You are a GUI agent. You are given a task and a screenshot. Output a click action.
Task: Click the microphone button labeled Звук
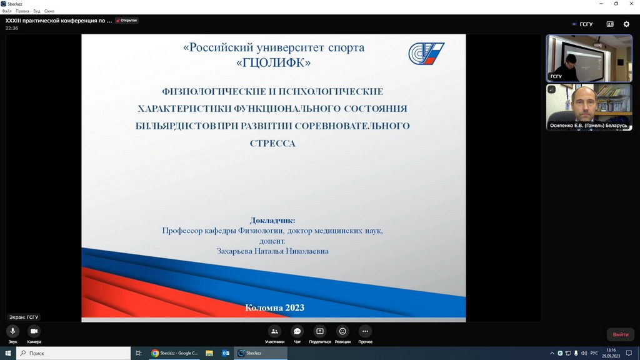[12, 331]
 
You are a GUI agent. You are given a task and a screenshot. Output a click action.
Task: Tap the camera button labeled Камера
[34, 331]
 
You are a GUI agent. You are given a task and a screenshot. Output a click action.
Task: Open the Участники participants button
[274, 331]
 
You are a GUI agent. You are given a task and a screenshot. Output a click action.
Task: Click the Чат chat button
[297, 331]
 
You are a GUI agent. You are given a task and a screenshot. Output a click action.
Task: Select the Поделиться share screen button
[320, 331]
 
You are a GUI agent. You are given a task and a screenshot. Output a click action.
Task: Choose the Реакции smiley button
[342, 331]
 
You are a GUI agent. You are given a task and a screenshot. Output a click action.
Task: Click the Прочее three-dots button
[365, 331]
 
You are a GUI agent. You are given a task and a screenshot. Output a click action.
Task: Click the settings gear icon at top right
[626, 24]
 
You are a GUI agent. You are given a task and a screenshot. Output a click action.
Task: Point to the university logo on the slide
[426, 54]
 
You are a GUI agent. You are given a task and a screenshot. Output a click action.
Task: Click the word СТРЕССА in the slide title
[272, 143]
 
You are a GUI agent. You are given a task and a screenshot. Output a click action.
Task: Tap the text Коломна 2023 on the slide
[275, 307]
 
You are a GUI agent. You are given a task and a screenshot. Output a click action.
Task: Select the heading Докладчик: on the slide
[272, 221]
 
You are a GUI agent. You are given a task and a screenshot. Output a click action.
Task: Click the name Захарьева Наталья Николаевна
[272, 251]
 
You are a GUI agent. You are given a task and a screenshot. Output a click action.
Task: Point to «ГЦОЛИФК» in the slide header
[274, 62]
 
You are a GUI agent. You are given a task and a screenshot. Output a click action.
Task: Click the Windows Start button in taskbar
[7, 353]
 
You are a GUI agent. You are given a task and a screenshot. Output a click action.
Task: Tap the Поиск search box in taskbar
[74, 353]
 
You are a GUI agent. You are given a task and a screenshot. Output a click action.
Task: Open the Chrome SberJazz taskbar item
[175, 353]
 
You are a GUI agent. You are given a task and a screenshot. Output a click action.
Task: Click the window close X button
[631, 4]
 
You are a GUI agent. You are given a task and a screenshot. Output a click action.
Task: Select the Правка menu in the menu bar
[22, 11]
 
